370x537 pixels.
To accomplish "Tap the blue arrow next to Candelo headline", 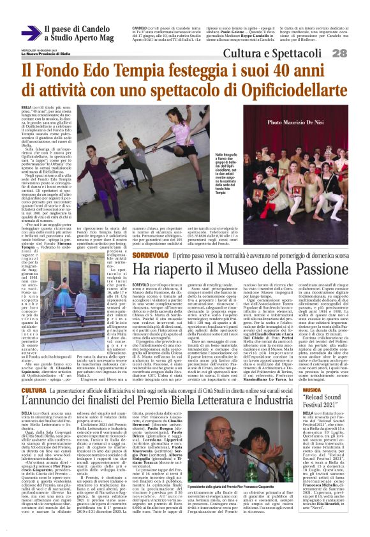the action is pos(29,33).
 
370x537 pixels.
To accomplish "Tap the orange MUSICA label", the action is pos(313,371).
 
